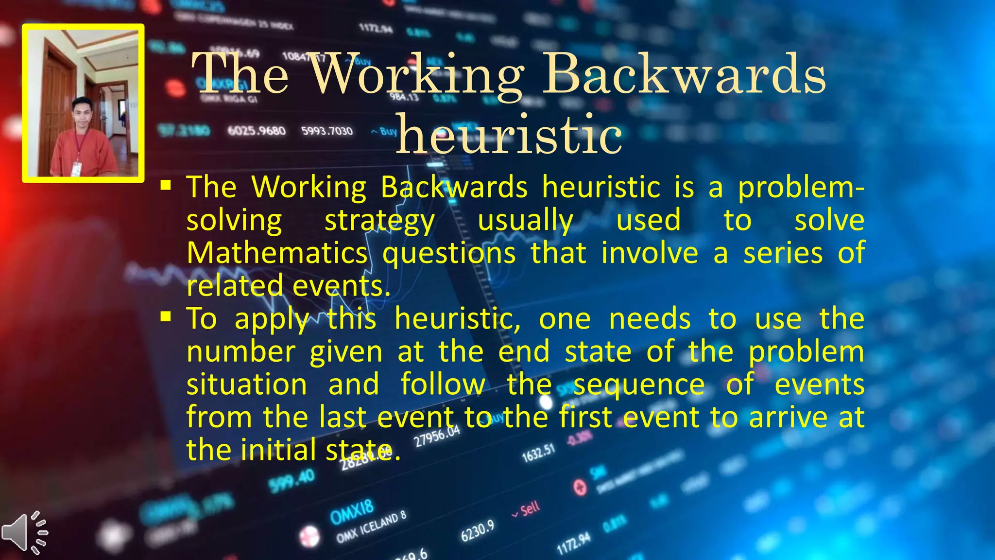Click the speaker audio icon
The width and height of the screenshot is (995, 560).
point(24,532)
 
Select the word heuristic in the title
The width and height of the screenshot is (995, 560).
point(509,134)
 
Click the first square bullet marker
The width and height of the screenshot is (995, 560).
point(166,185)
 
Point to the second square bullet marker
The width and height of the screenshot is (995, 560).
point(166,317)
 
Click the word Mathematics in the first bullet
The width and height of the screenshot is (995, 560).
point(277,253)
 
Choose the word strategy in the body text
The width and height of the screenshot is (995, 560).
point(379,220)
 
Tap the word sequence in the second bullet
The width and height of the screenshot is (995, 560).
point(639,385)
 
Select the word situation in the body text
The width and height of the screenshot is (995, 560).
point(247,385)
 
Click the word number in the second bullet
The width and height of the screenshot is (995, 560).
point(241,352)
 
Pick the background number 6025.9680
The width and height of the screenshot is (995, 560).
point(257,131)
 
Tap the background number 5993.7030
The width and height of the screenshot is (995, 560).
point(327,131)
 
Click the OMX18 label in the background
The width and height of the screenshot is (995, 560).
point(352,512)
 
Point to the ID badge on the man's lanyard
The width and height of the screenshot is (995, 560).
point(76,169)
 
